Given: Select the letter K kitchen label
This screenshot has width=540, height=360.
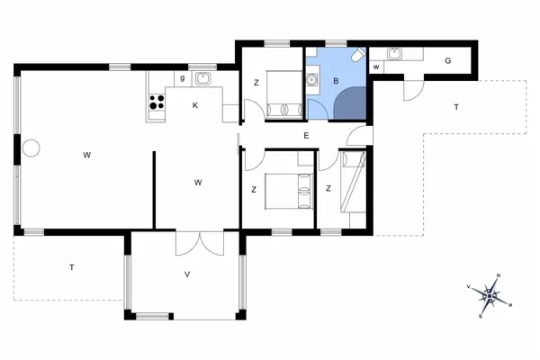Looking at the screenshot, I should (194, 105).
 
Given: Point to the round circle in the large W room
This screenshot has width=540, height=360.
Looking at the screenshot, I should (31, 148).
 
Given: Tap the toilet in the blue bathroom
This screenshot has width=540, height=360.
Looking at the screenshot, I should (358, 57).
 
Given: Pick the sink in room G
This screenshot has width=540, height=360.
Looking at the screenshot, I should (394, 54).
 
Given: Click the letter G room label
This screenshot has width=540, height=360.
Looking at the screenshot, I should (447, 61).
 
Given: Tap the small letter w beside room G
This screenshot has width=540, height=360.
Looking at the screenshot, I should (375, 67).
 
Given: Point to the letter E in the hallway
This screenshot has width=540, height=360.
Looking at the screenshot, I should (307, 136).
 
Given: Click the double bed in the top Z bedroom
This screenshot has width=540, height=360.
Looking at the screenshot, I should (282, 94).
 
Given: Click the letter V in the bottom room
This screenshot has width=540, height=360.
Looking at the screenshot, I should (187, 274).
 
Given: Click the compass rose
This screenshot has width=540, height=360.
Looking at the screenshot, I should (490, 295).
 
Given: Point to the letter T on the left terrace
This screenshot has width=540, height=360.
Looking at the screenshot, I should (71, 267).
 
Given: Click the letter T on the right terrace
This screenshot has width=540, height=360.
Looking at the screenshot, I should (456, 107).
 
